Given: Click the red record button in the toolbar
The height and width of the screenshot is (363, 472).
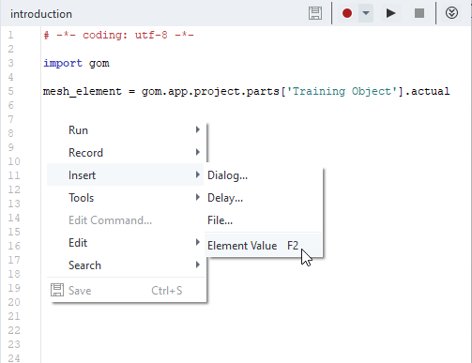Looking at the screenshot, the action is tap(347, 13).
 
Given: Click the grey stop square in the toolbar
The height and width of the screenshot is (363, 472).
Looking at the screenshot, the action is tap(419, 13).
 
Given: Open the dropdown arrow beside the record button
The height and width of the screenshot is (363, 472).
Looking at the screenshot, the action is tap(366, 13).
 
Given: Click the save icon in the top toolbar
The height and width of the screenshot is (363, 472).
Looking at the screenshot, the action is tap(315, 13).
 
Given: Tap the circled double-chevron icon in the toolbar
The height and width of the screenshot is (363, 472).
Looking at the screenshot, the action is tap(451, 13).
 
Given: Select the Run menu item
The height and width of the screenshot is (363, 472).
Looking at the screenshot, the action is tap(78, 130).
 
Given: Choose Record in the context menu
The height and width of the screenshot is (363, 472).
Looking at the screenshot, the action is tap(85, 153).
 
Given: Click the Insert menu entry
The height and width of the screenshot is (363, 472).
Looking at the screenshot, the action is tap(82, 175).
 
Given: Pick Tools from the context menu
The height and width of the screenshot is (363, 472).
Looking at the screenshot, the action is tap(82, 198).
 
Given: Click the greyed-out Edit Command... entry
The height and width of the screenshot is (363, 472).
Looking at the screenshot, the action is tap(110, 220).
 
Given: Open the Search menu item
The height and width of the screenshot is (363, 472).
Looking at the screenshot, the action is tap(84, 265).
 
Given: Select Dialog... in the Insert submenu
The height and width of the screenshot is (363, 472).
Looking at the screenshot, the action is tap(227, 175).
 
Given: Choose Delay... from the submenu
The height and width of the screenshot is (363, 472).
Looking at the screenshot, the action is tap(225, 198).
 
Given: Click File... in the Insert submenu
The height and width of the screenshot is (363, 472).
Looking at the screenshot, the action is tap(220, 220).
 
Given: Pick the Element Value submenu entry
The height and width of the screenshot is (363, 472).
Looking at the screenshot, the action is tap(242, 246).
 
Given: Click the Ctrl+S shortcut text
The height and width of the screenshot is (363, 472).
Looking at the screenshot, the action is tap(167, 291).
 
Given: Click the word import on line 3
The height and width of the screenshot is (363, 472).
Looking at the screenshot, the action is tap(63, 63).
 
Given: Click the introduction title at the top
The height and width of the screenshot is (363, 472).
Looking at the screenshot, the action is tap(41, 14).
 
